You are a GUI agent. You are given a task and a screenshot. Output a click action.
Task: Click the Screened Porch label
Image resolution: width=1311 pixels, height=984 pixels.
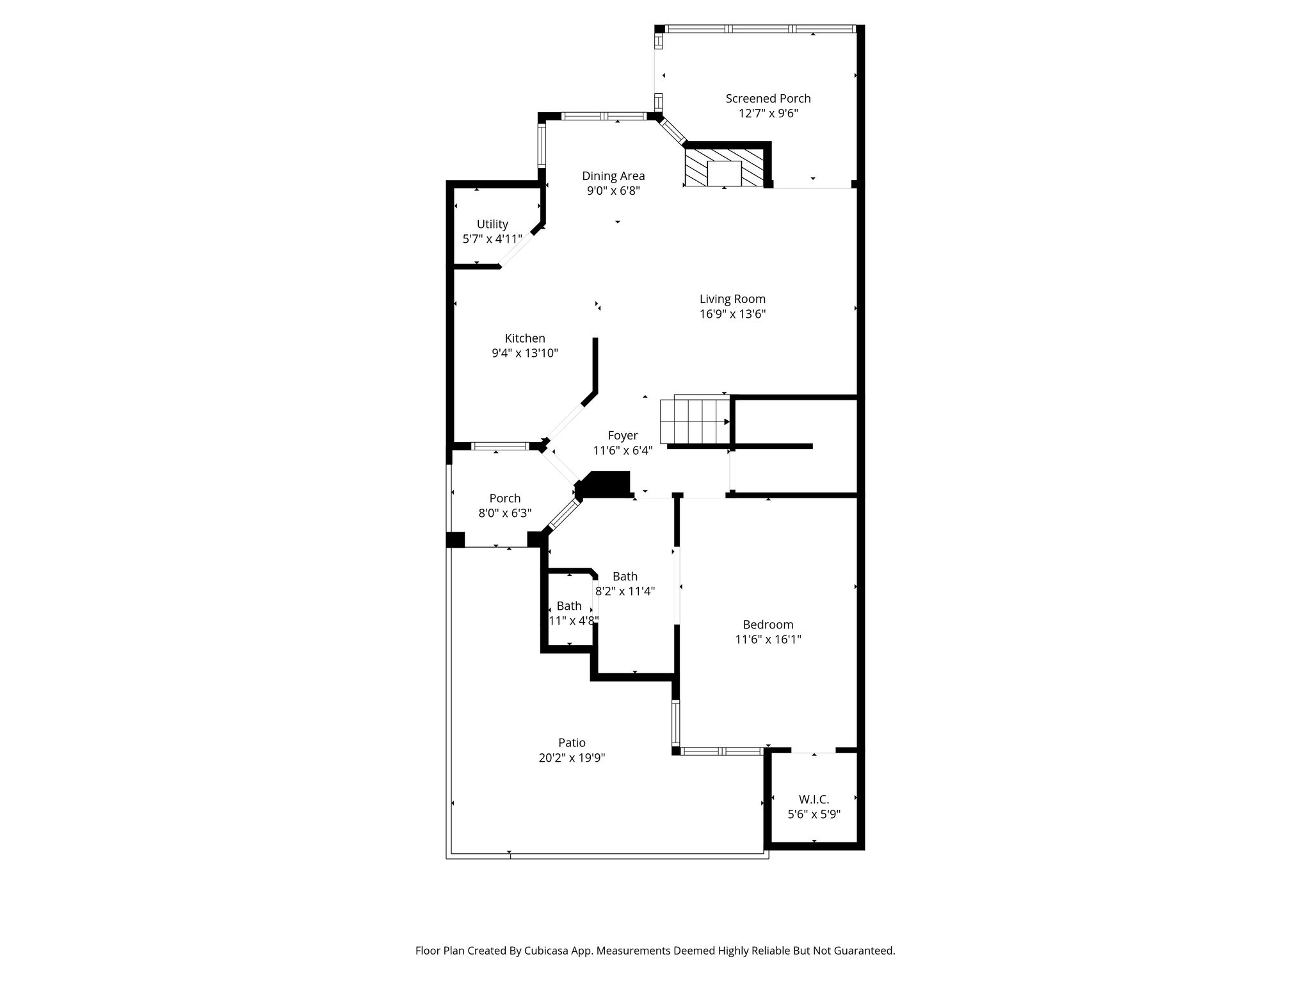[768, 99]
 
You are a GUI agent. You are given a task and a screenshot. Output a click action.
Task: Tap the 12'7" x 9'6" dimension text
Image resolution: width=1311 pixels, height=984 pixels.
[768, 113]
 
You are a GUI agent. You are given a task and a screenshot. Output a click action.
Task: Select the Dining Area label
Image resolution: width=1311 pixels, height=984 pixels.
[613, 176]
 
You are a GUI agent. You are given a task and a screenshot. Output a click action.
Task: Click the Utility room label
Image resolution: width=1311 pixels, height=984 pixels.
[492, 224]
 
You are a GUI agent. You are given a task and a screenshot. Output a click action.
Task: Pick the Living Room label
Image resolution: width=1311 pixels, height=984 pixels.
[732, 299]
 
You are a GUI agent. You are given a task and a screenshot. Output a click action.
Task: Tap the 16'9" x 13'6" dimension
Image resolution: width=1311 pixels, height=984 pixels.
[732, 314]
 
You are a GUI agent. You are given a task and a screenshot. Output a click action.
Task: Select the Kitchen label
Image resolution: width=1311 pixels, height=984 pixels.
[525, 338]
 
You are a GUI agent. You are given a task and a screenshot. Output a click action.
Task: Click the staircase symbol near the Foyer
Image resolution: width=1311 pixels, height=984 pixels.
[696, 420]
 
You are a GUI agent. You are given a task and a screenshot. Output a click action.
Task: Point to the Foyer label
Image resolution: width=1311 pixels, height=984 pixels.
[623, 436]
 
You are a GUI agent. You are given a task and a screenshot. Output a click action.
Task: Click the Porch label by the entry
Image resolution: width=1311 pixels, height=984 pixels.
[505, 498]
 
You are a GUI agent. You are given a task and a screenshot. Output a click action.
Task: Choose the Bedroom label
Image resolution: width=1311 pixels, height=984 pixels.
[768, 625]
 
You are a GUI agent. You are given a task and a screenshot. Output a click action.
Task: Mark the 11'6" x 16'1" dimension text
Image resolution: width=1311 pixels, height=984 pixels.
[768, 639]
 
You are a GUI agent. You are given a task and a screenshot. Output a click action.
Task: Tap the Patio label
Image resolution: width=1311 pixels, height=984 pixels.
[572, 743]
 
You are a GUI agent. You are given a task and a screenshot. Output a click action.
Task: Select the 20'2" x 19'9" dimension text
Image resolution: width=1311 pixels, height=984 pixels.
[572, 758]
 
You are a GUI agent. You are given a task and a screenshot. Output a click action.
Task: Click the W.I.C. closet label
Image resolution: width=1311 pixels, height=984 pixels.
[814, 799]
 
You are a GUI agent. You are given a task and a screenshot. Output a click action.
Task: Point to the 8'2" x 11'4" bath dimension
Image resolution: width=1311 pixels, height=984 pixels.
[625, 591]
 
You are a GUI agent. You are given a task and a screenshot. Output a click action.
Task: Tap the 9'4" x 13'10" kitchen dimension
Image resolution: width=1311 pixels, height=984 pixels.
[525, 353]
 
